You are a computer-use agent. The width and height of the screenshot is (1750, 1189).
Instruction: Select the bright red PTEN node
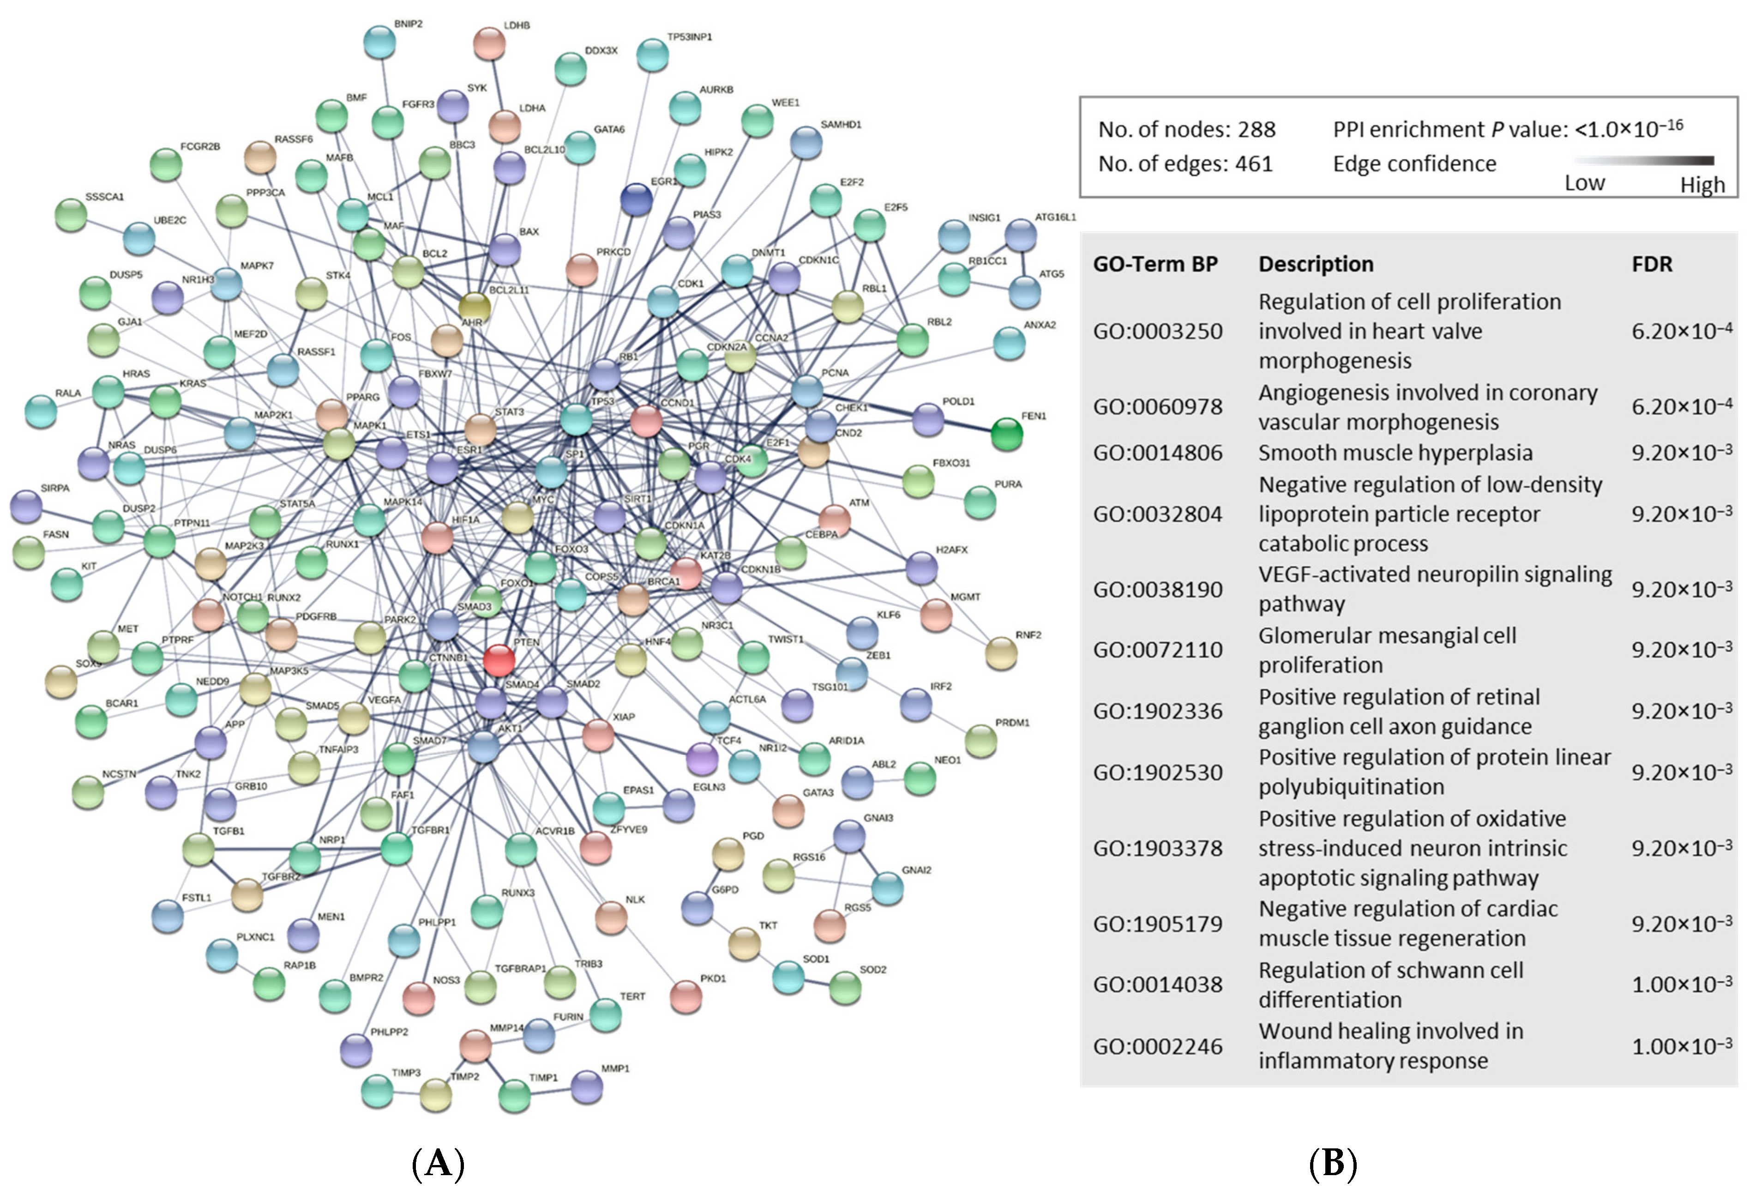click(499, 660)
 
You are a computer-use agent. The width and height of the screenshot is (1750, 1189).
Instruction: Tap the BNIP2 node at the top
click(379, 42)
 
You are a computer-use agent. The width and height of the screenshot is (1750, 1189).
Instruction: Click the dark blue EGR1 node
click(636, 199)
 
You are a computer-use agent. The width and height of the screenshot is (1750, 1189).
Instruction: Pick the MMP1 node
click(587, 1086)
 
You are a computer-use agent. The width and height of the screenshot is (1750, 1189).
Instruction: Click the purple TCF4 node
click(702, 758)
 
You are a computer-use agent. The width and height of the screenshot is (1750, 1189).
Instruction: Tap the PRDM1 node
click(980, 741)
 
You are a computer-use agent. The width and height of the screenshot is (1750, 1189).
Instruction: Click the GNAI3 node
click(849, 836)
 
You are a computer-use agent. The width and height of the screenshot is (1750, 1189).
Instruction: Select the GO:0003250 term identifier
click(1157, 332)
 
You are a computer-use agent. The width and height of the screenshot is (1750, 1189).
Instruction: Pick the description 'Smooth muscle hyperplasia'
click(1395, 453)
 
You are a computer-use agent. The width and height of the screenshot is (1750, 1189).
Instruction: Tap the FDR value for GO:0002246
click(1681, 1046)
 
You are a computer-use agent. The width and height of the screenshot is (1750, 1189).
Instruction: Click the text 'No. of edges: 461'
click(1185, 164)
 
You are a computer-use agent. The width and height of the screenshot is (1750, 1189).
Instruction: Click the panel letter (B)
click(1332, 1164)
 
